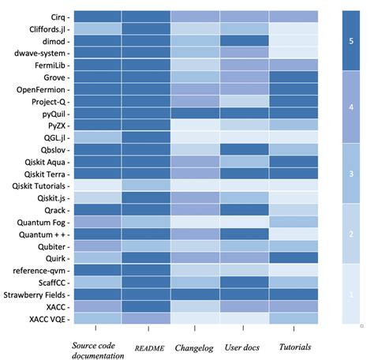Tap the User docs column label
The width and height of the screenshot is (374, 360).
coord(243,345)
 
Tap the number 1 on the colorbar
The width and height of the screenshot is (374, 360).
coord(351,294)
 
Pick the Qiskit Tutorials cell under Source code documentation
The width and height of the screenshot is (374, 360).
coord(96,186)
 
